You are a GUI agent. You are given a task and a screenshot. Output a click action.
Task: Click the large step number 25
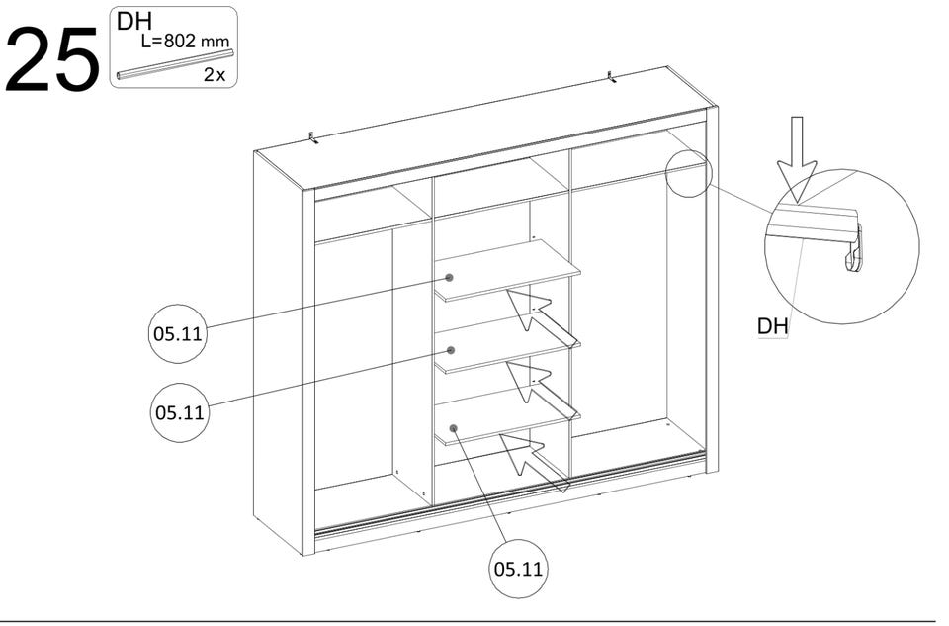click(x=52, y=59)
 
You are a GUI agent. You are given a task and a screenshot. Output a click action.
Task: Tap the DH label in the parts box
click(x=134, y=21)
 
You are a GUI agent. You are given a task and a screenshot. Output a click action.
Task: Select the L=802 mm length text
click(x=185, y=42)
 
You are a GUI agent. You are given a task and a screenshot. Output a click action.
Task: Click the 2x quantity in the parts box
click(x=215, y=75)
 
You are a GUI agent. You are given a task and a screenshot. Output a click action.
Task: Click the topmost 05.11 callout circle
click(x=177, y=333)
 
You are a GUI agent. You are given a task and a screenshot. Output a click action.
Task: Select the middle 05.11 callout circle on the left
click(x=180, y=412)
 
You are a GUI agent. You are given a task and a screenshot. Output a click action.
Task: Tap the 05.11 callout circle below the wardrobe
click(x=518, y=569)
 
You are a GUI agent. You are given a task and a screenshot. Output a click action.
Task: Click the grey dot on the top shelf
click(x=449, y=278)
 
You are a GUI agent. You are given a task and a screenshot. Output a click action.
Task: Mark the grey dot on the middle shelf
click(x=451, y=350)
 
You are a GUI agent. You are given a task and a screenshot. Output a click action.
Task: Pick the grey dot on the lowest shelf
click(x=454, y=428)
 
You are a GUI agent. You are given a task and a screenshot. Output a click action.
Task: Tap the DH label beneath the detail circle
click(x=773, y=326)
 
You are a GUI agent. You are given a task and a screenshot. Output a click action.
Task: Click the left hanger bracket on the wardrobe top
click(x=313, y=137)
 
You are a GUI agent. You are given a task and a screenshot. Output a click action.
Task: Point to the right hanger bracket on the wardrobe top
click(x=612, y=77)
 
